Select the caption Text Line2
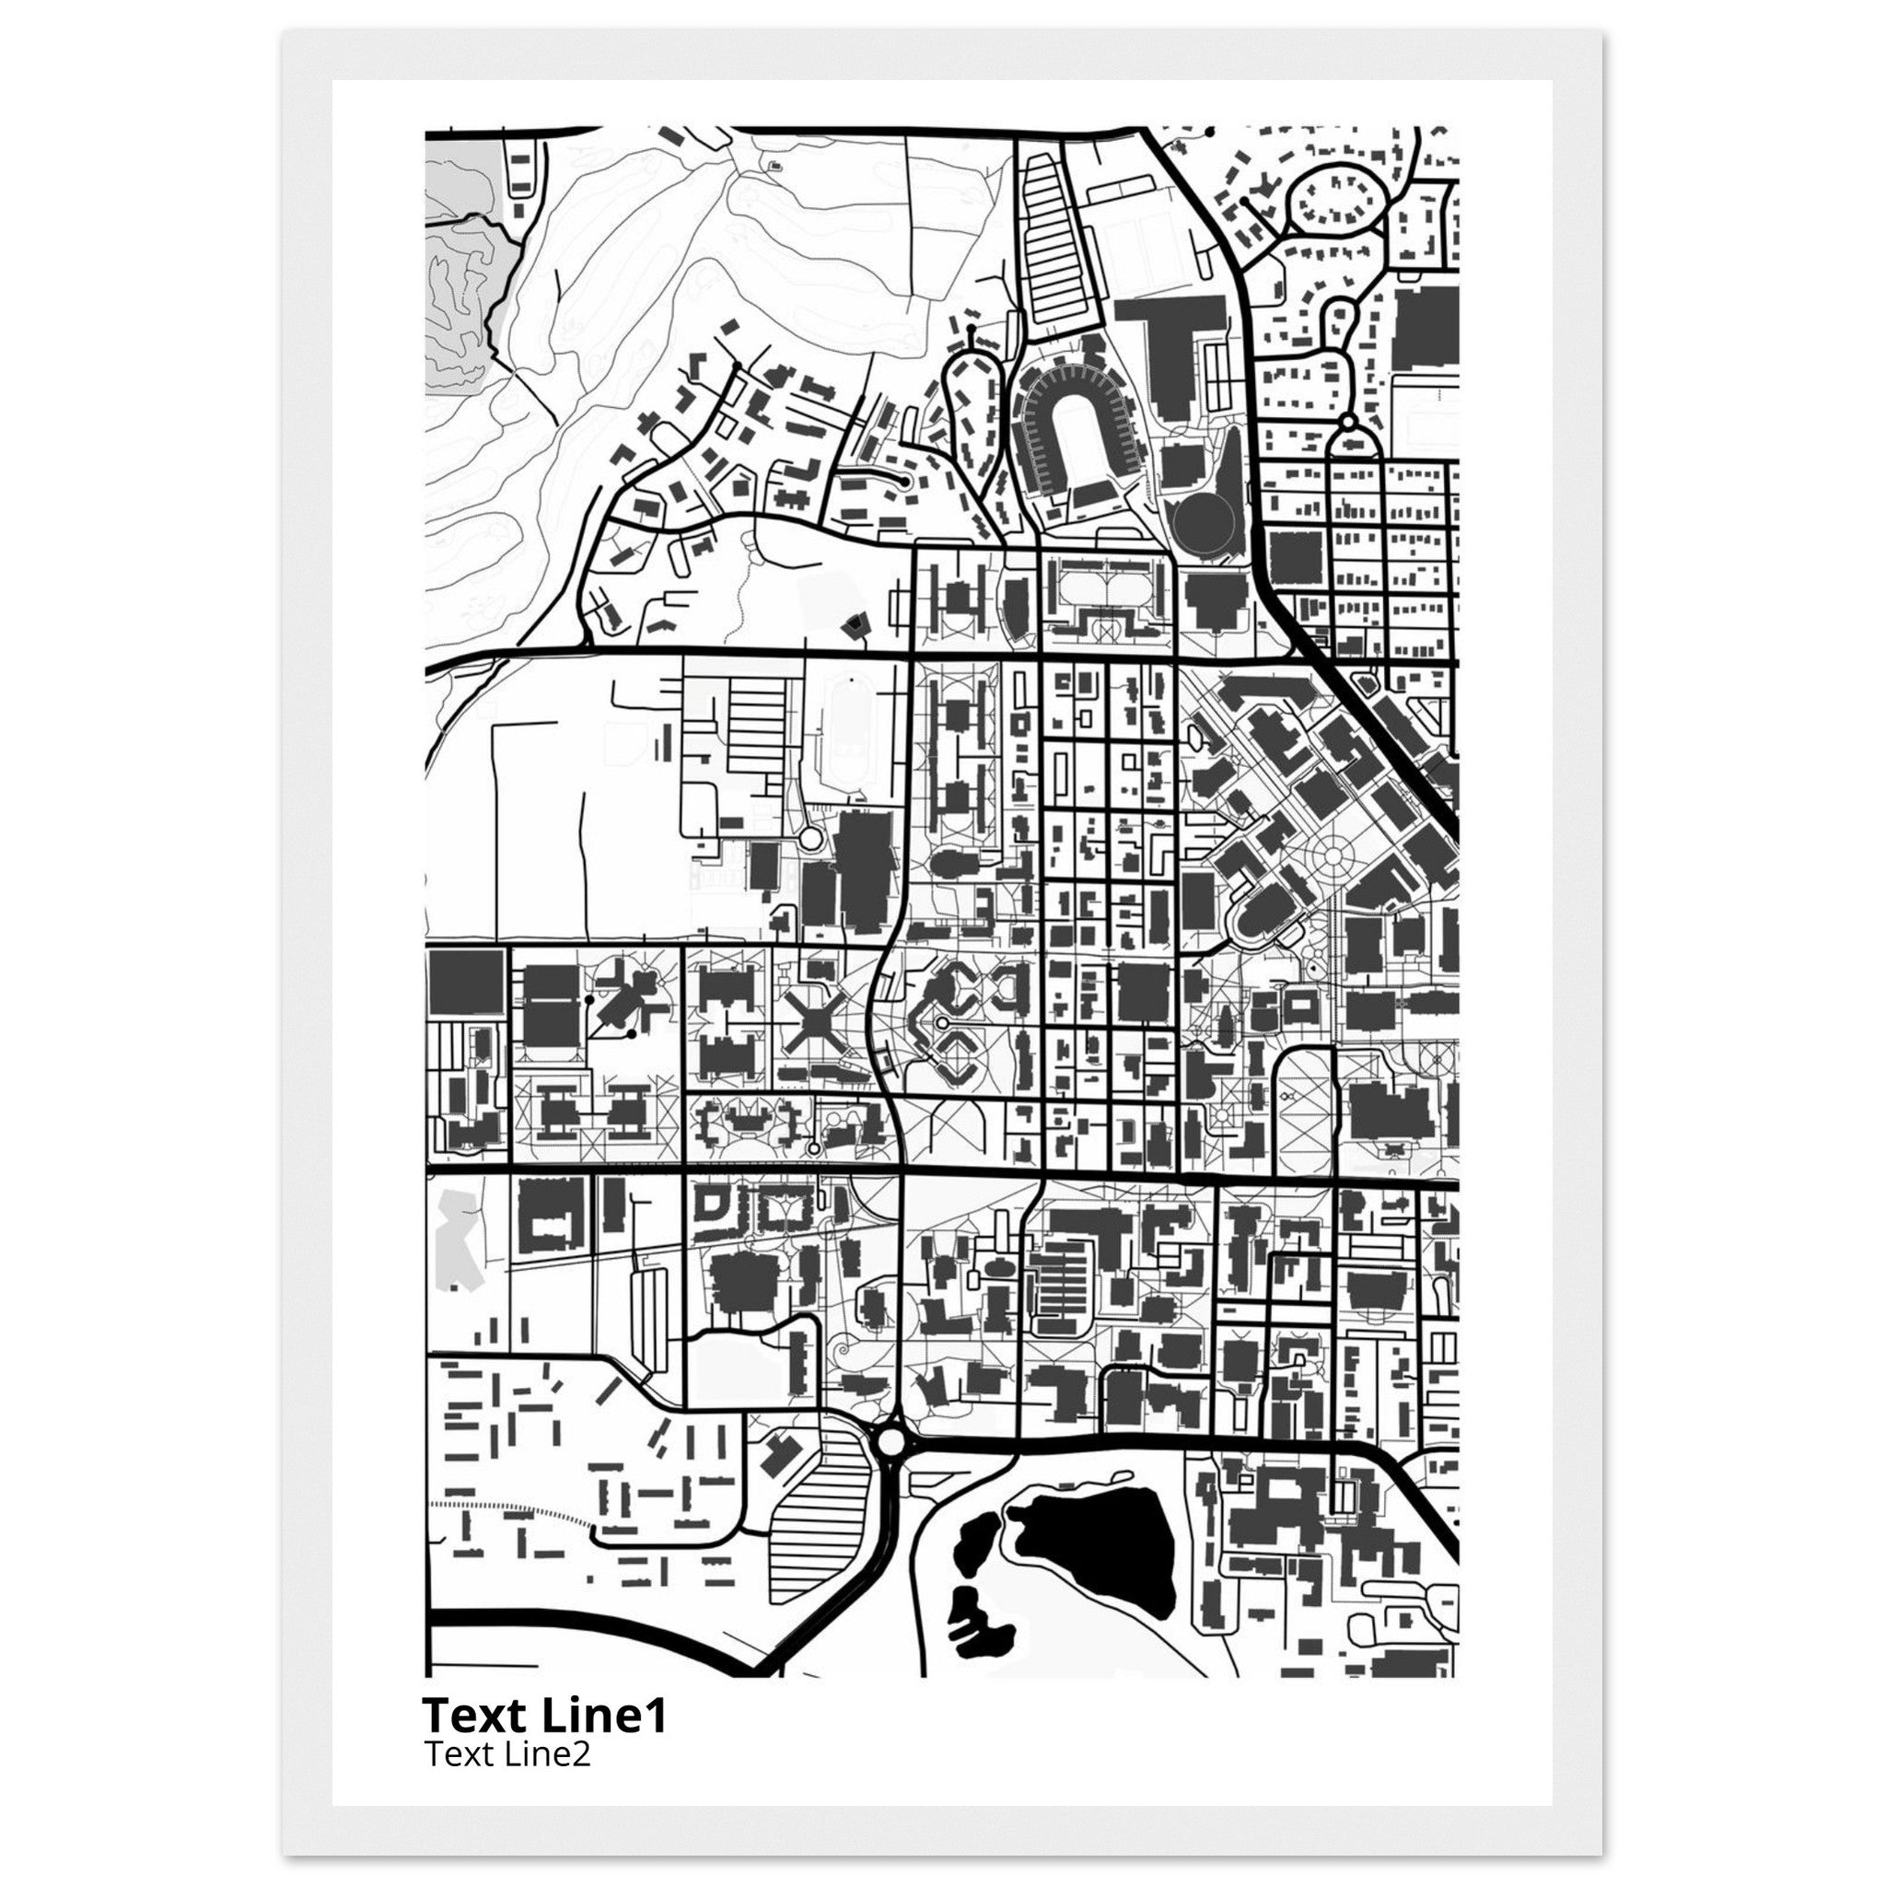coord(507,1754)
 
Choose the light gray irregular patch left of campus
coord(454,1240)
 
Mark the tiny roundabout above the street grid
coord(1349,423)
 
